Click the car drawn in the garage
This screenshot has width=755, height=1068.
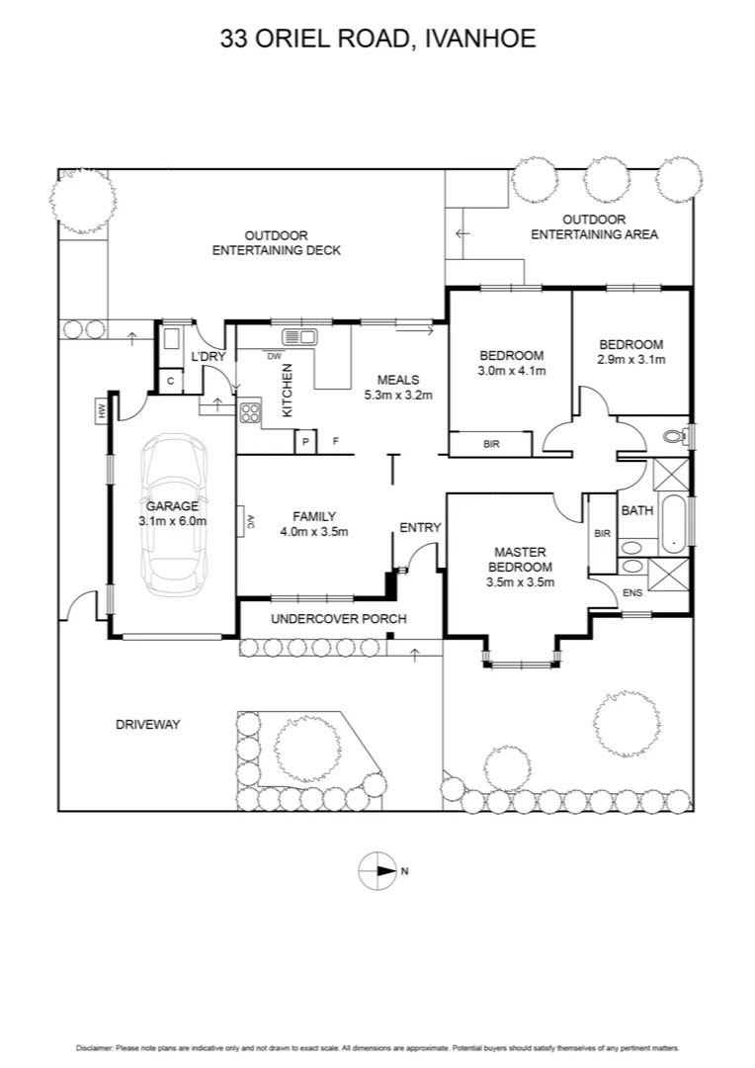coord(173,516)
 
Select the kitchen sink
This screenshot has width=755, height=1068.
coord(299,336)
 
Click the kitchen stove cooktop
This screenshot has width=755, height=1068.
coord(249,414)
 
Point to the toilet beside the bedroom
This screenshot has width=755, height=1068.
coord(676,435)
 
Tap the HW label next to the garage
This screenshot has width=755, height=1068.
coord(101,409)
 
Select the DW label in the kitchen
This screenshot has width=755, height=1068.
coord(275,356)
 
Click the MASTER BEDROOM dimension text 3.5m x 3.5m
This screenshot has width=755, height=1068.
coord(520,582)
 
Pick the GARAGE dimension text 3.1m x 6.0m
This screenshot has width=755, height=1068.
coord(173,520)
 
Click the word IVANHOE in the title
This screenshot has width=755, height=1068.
coord(480,40)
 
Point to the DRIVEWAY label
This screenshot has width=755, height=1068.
coord(148,725)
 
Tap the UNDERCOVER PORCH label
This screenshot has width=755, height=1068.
coord(325,619)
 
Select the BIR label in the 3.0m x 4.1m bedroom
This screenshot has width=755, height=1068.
coord(491,445)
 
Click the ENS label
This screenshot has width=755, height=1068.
coord(631,593)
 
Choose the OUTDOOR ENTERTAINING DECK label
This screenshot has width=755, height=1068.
coord(277,243)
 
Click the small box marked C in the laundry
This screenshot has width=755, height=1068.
coord(170,381)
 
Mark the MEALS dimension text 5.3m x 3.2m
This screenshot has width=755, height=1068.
coord(398,395)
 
